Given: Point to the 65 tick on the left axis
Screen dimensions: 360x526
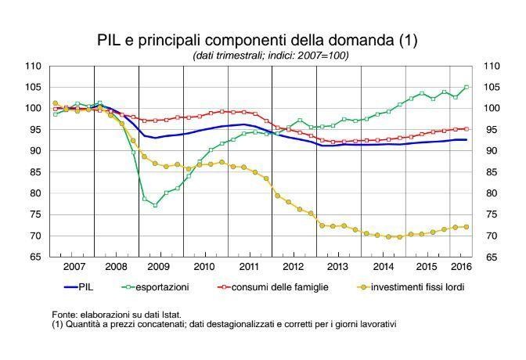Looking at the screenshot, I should (x=36, y=257).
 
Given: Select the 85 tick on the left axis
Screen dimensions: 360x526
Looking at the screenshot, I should (x=36, y=172).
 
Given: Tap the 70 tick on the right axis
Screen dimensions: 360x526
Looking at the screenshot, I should (x=492, y=236).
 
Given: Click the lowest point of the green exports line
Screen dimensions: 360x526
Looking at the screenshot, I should (x=155, y=205).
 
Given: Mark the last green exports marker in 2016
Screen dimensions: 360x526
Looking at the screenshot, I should (x=467, y=88).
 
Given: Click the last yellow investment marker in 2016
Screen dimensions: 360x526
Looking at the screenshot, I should (x=467, y=227).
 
